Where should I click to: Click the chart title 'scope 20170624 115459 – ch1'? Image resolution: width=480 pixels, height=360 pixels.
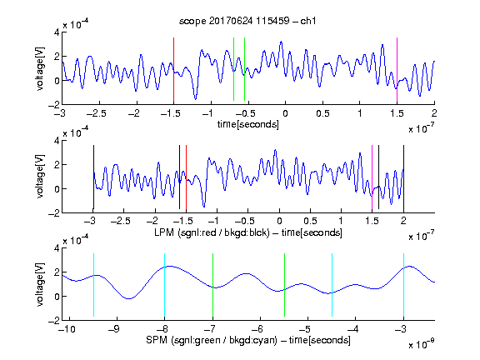pos(247,21)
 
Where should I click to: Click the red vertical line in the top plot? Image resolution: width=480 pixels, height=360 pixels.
pos(173,70)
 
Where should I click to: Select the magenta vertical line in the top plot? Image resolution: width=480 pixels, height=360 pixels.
pos(397,70)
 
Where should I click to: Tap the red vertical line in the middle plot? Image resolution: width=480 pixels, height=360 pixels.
pos(186,177)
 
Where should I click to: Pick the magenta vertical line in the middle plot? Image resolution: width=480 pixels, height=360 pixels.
pos(372,177)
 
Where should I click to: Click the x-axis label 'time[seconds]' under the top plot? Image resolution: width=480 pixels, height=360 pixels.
pos(248,124)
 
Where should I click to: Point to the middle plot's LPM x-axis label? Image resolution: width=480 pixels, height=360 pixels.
pos(248,232)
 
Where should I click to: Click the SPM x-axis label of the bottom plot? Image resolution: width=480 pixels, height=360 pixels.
pos(248,340)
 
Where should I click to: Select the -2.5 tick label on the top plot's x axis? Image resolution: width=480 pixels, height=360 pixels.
pos(96,113)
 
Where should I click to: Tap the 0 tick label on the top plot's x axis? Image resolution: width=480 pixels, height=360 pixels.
pos(285,113)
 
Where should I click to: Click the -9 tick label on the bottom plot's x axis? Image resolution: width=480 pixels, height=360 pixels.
pos(114,329)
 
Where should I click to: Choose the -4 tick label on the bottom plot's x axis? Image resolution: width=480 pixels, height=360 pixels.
pos(353,329)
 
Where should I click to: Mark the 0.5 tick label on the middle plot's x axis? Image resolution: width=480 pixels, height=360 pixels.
pos(310,221)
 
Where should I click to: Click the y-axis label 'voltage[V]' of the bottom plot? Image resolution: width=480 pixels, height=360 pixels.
pos(40,284)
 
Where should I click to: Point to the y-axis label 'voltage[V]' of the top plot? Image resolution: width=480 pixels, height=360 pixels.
pos(40,68)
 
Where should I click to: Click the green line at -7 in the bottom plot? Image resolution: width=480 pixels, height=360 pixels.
pos(212,285)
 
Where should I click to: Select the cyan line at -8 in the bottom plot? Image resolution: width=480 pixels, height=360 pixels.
pos(164,285)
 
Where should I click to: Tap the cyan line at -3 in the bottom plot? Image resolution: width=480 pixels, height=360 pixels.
pos(403,285)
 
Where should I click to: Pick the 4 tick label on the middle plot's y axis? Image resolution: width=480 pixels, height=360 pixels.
pos(57,141)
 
